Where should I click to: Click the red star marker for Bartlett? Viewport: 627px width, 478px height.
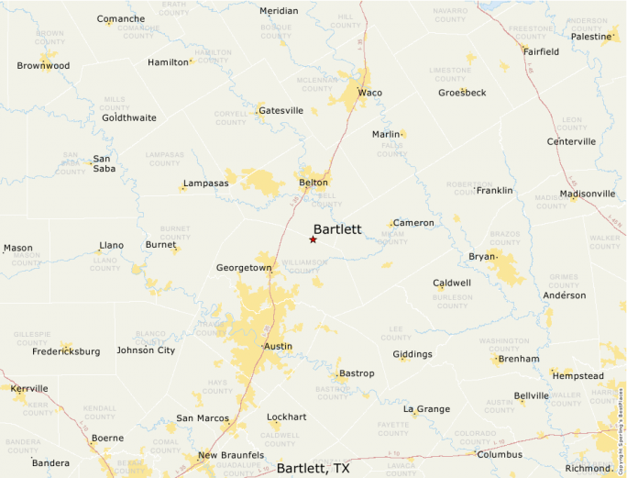[313, 239]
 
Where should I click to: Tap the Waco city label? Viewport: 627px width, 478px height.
[370, 93]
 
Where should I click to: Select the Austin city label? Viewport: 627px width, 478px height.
[278, 346]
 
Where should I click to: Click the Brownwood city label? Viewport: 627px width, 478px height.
[43, 66]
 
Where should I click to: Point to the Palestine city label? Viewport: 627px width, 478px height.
[590, 37]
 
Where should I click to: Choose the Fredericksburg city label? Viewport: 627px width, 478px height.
[66, 351]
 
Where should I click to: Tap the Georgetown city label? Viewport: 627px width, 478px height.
[244, 268]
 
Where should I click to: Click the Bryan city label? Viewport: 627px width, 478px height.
[482, 256]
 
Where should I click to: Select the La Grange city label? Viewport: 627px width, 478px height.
[426, 408]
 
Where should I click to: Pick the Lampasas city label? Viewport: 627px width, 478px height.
[206, 183]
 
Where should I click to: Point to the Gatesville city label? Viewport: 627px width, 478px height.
[281, 110]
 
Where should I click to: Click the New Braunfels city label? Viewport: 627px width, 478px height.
[231, 455]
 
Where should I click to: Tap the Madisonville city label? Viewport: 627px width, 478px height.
[588, 194]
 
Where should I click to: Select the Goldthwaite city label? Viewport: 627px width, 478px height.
[129, 117]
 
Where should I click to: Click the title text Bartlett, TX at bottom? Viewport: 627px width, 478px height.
[313, 468]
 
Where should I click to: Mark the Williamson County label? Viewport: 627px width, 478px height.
[304, 266]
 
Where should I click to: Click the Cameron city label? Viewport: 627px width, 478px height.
[413, 223]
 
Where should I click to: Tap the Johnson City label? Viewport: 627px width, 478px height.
[146, 350]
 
